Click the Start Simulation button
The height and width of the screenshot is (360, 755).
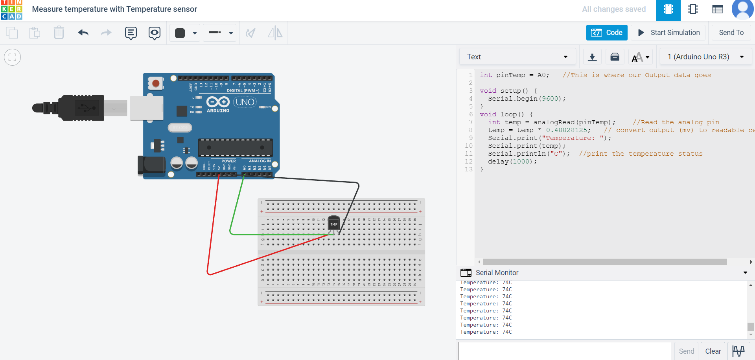coord(668,33)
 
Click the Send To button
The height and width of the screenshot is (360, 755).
coord(731,33)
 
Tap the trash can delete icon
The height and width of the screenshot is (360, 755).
coord(59,33)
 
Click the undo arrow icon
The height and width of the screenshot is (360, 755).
coord(83,33)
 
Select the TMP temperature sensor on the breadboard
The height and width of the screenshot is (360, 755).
coord(333,224)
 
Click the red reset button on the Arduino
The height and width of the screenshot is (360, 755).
coord(156,83)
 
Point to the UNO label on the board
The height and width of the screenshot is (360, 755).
coord(245,102)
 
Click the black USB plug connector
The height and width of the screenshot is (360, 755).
coord(81,108)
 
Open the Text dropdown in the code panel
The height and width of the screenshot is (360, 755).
coord(517,57)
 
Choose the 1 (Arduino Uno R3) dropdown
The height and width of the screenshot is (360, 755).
coord(705,57)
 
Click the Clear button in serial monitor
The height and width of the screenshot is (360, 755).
coord(713,351)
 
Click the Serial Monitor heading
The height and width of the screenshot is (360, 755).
coord(497,272)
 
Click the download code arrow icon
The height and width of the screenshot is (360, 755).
coord(592,57)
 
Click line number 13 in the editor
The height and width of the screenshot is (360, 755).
coord(468,169)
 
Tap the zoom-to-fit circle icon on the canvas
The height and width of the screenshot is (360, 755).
coord(12,57)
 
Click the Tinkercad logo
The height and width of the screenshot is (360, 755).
coord(12,10)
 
